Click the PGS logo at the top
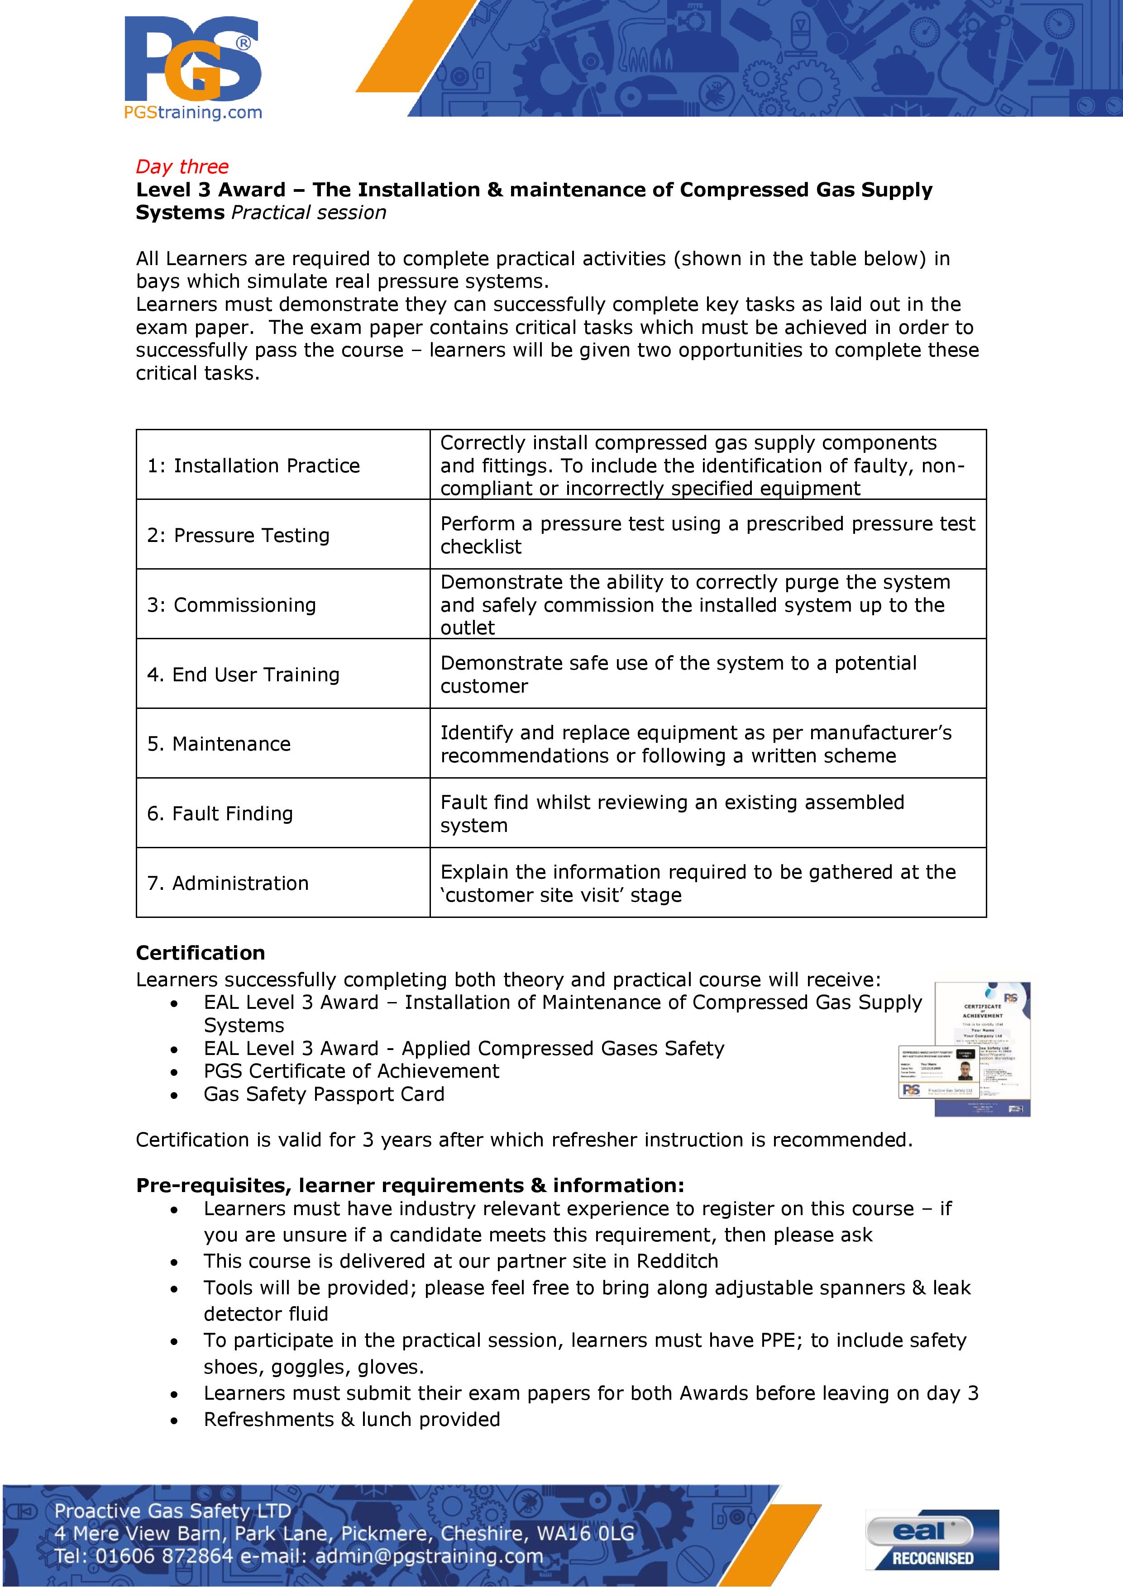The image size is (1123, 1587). pos(193,61)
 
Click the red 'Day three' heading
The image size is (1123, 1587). pos(182,166)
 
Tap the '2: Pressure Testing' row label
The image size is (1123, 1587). pos(238,536)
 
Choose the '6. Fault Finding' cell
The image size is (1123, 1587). pos(220,813)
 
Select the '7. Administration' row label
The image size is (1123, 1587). pos(228,884)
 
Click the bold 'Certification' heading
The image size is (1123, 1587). pos(201,953)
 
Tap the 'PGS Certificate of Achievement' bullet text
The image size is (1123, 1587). pos(351,1071)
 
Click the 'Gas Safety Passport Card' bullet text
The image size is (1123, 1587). pos(324,1094)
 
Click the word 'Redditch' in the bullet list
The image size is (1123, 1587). pos(677,1261)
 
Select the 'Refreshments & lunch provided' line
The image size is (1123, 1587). pos(351,1420)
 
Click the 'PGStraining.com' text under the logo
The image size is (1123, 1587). pos(193,112)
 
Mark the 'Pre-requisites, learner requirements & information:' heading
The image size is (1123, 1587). pos(409,1185)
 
